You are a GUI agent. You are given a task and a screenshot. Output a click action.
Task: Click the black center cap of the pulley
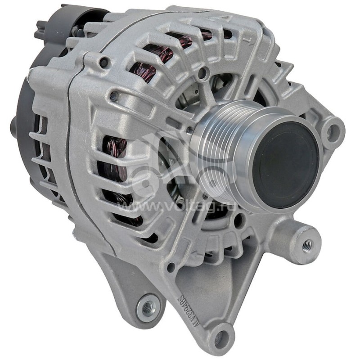(285, 162)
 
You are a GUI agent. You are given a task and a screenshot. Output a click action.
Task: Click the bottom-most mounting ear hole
(221, 338)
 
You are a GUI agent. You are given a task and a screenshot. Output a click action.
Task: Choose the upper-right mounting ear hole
(333, 131)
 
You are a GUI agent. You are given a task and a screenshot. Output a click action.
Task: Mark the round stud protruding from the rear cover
(13, 123)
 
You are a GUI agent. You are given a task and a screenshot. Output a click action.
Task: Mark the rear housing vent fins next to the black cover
(43, 148)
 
